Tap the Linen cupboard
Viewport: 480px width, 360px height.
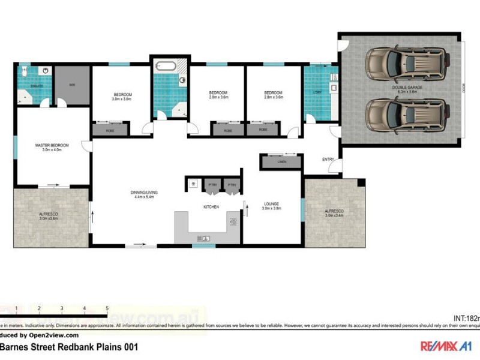point(281,162)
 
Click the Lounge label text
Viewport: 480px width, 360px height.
point(271,204)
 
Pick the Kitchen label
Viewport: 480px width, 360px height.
point(211,207)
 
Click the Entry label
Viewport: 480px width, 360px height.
point(328,159)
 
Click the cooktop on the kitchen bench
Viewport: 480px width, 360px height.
point(233,222)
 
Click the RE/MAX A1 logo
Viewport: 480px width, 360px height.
point(445,346)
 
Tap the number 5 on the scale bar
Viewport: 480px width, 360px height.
point(107,308)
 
